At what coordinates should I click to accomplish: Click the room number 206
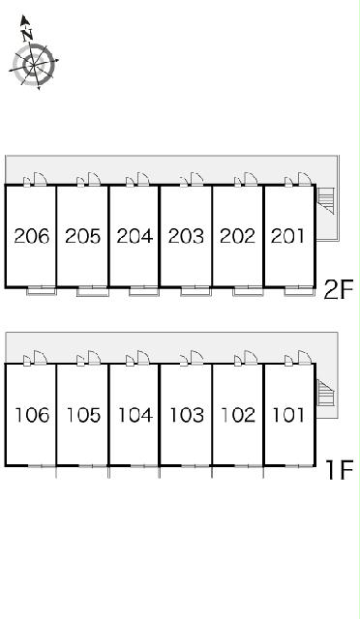32,236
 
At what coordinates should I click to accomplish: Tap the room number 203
186,236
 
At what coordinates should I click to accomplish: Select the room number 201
288,236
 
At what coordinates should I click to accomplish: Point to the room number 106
32,415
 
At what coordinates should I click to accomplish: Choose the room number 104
135,415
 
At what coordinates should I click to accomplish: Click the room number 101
288,415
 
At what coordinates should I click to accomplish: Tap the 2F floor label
339,289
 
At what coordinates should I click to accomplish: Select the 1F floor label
340,470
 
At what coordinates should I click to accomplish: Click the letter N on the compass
27,35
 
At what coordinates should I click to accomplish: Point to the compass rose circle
34,64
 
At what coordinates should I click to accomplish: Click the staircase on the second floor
326,200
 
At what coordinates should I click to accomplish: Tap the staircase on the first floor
326,393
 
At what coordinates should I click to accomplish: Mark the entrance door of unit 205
94,179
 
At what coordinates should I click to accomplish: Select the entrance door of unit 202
251,179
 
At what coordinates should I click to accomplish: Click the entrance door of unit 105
94,357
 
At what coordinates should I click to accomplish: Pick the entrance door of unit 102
251,357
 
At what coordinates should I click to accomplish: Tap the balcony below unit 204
144,291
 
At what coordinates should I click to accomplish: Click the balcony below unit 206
42,291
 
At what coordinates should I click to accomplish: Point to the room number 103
187,415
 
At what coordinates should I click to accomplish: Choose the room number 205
83,236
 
